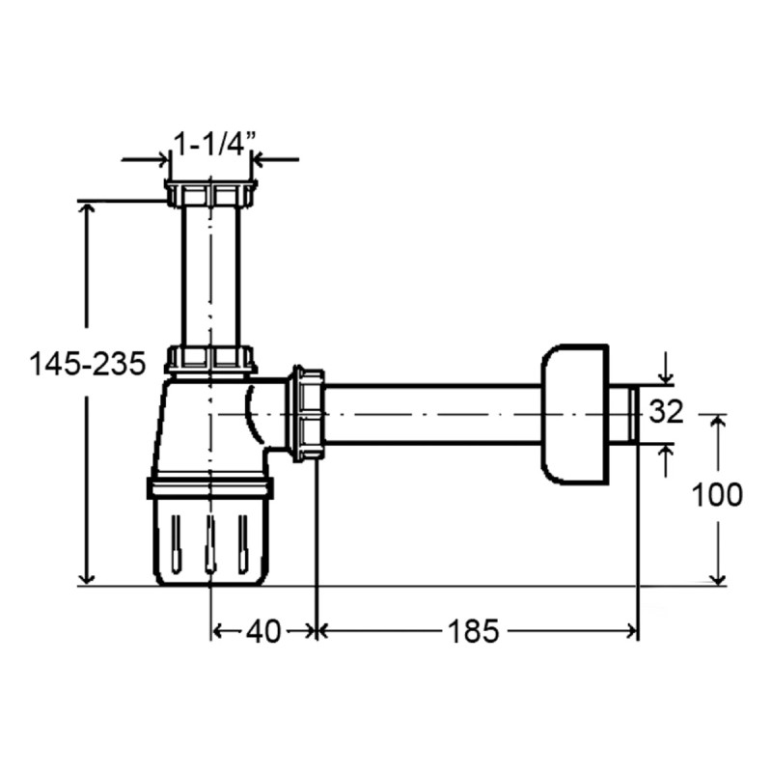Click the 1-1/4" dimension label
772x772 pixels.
pos(216,145)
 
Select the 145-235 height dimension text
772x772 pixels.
pos(88,365)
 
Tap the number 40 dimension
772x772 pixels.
pos(263,631)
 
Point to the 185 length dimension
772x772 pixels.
pos(473,631)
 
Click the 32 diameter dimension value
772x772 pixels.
pos(666,412)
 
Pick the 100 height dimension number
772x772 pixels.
pos(717,495)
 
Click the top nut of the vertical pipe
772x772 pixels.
pos(210,193)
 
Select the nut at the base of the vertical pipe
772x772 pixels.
pos(210,360)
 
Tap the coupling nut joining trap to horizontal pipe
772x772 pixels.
pos(308,414)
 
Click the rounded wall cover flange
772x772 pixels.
pos(575,415)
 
